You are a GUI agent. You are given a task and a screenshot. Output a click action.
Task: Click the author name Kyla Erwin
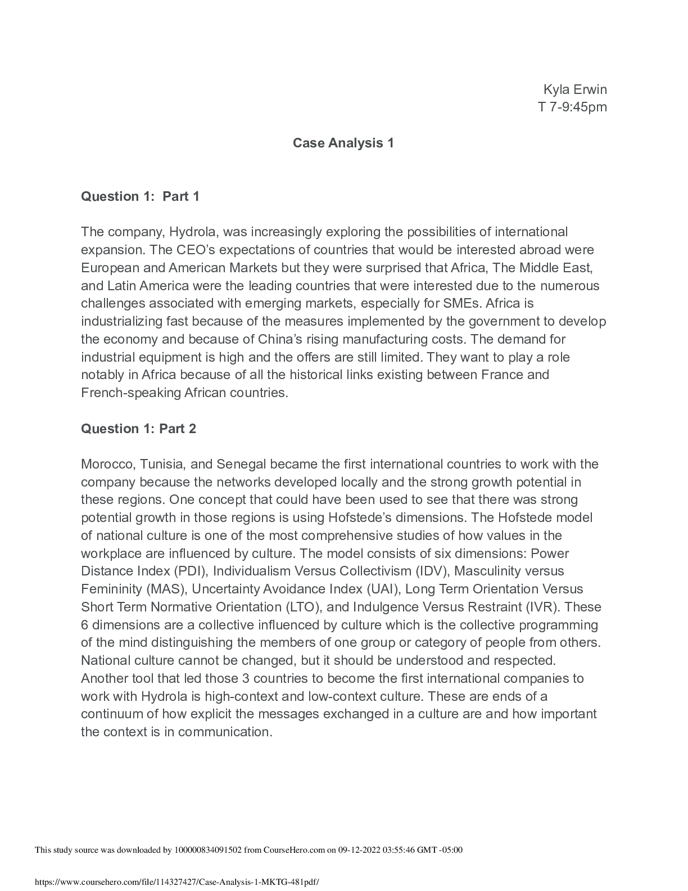pyautogui.click(x=574, y=89)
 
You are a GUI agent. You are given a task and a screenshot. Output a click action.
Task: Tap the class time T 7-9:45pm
pyautogui.click(x=572, y=107)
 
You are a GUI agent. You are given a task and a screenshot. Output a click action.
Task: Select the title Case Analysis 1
pyautogui.click(x=343, y=143)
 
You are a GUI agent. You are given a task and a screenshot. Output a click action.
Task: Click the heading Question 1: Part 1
pyautogui.click(x=140, y=196)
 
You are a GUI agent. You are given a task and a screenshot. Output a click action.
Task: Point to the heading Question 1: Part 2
pyautogui.click(x=138, y=429)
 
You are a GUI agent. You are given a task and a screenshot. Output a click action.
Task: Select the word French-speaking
pyautogui.click(x=130, y=393)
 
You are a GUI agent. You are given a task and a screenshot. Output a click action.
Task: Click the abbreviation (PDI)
pyautogui.click(x=191, y=571)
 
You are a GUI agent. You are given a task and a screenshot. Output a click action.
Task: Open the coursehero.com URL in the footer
pyautogui.click(x=180, y=883)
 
